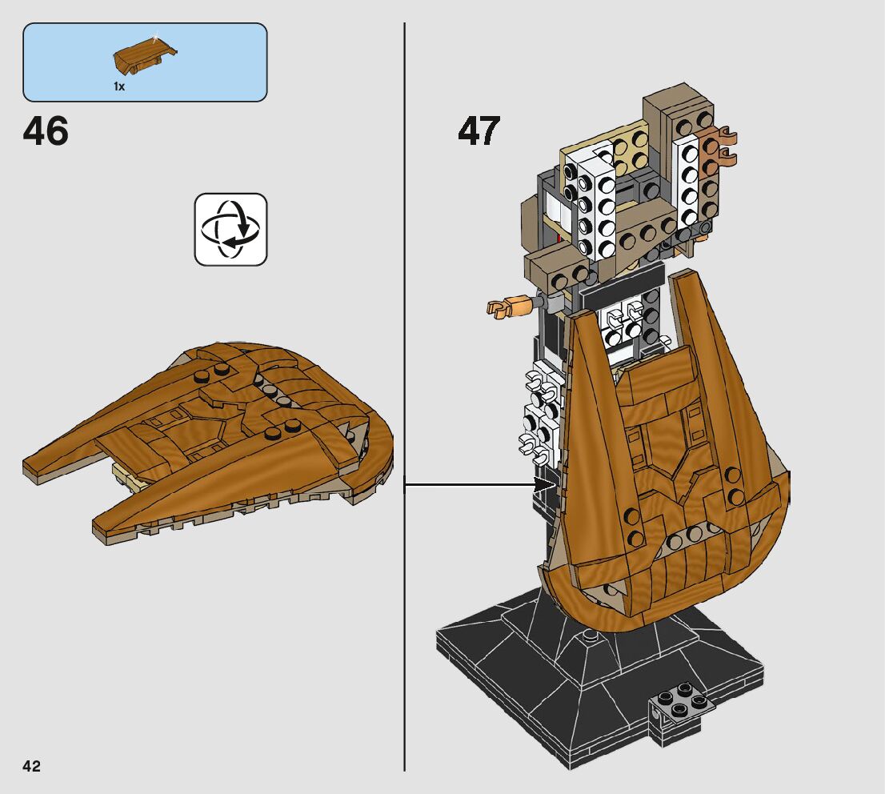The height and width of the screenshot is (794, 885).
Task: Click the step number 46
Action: [x=46, y=131]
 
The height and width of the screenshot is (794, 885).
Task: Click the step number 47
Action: [x=479, y=131]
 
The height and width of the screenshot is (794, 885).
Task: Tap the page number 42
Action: [x=31, y=766]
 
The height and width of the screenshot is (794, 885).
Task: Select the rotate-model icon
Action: [x=230, y=229]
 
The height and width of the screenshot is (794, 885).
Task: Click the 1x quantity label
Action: [x=119, y=86]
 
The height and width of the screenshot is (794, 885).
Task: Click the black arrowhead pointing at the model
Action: [x=547, y=483]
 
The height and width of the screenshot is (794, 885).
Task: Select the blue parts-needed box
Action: [x=145, y=62]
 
